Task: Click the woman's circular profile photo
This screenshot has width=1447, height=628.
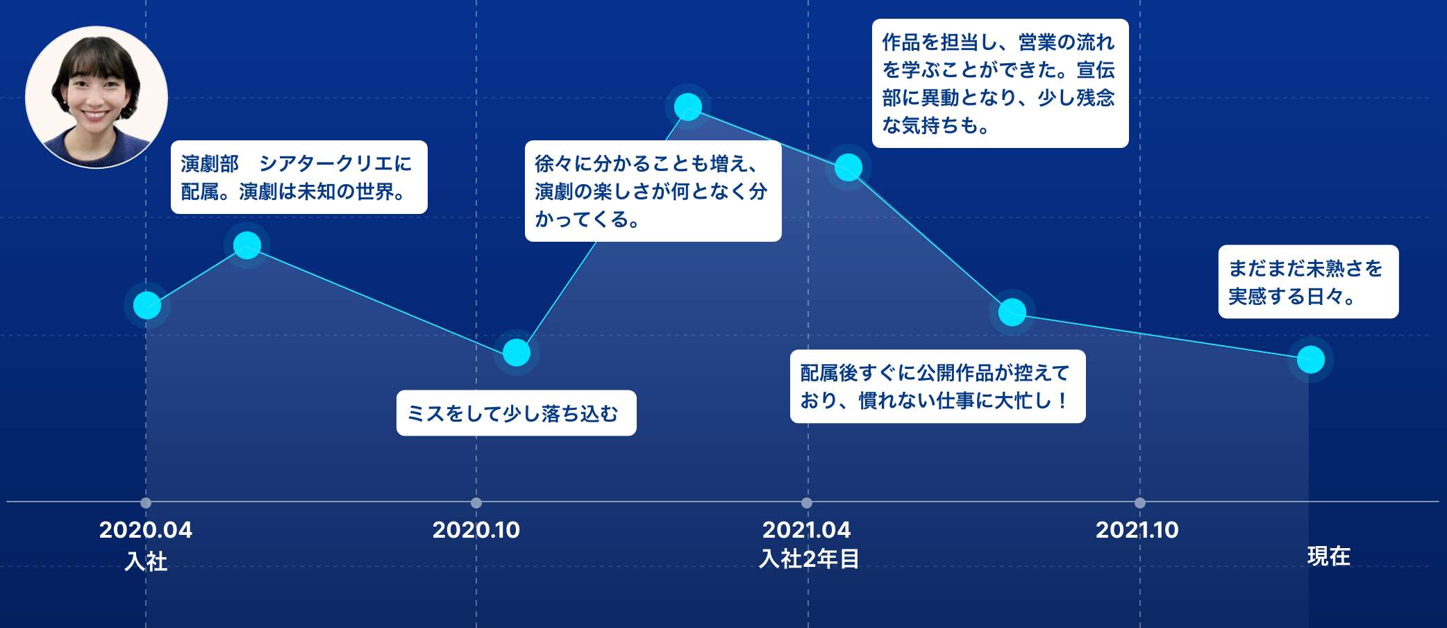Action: click(97, 97)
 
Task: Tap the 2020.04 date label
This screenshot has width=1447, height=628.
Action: click(146, 530)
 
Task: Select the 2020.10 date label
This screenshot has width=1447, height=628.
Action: click(476, 530)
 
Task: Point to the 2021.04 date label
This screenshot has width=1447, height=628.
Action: click(807, 530)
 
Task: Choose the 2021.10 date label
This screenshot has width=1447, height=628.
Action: click(1137, 530)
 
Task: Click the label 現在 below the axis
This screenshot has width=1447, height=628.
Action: click(1329, 556)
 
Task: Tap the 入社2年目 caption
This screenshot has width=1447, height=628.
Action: click(809, 559)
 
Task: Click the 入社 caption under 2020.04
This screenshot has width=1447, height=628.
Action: click(146, 561)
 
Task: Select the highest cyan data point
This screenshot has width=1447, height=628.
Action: click(688, 107)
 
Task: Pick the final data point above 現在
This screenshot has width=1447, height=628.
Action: click(1311, 359)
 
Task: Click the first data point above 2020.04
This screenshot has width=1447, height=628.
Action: click(147, 305)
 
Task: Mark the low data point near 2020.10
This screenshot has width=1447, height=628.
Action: click(517, 353)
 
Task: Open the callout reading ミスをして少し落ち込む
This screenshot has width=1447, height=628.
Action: click(516, 413)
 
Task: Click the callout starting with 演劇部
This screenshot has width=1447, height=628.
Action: click(299, 177)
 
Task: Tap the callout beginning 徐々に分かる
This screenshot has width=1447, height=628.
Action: click(653, 191)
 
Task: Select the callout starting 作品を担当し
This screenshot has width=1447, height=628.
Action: click(1001, 83)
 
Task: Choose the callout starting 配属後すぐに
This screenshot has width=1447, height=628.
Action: click(938, 386)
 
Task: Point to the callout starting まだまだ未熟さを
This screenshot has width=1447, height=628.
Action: click(1309, 282)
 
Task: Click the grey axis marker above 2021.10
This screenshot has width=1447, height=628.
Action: click(1140, 503)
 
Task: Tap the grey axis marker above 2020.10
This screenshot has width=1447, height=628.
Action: click(476, 503)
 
